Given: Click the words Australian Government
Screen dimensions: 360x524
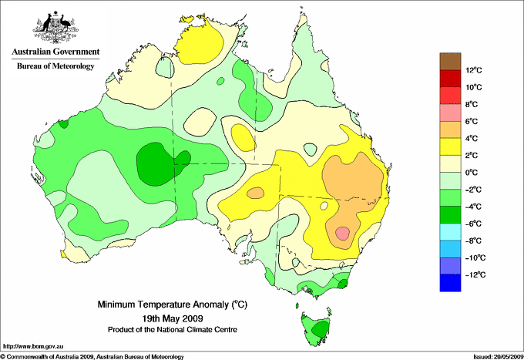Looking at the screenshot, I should coord(55,52).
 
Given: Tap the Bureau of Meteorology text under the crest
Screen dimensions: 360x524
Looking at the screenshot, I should coord(55,66).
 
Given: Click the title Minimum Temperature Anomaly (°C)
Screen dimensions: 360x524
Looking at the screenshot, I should coord(177,304).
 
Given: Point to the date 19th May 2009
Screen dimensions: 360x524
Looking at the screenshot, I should coord(177,318).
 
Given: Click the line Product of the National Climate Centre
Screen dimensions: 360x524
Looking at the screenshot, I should coord(177,329).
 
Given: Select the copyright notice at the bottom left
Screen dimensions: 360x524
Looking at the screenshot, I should coord(92,356).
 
